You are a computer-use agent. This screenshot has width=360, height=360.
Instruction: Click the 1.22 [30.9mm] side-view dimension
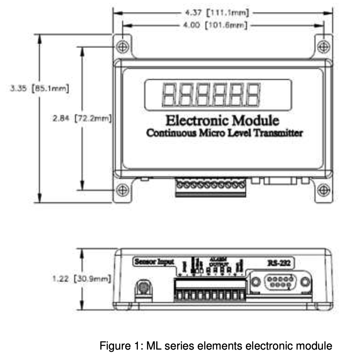click(x=82, y=278)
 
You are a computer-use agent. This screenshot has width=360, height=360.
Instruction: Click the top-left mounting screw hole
click(x=122, y=46)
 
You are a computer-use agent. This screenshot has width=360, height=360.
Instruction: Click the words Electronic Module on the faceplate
click(x=222, y=121)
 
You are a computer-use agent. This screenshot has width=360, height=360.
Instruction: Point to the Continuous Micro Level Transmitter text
click(x=224, y=133)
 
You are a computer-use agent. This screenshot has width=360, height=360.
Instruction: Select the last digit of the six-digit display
click(x=252, y=94)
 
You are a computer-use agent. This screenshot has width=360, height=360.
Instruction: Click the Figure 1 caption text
click(x=216, y=346)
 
